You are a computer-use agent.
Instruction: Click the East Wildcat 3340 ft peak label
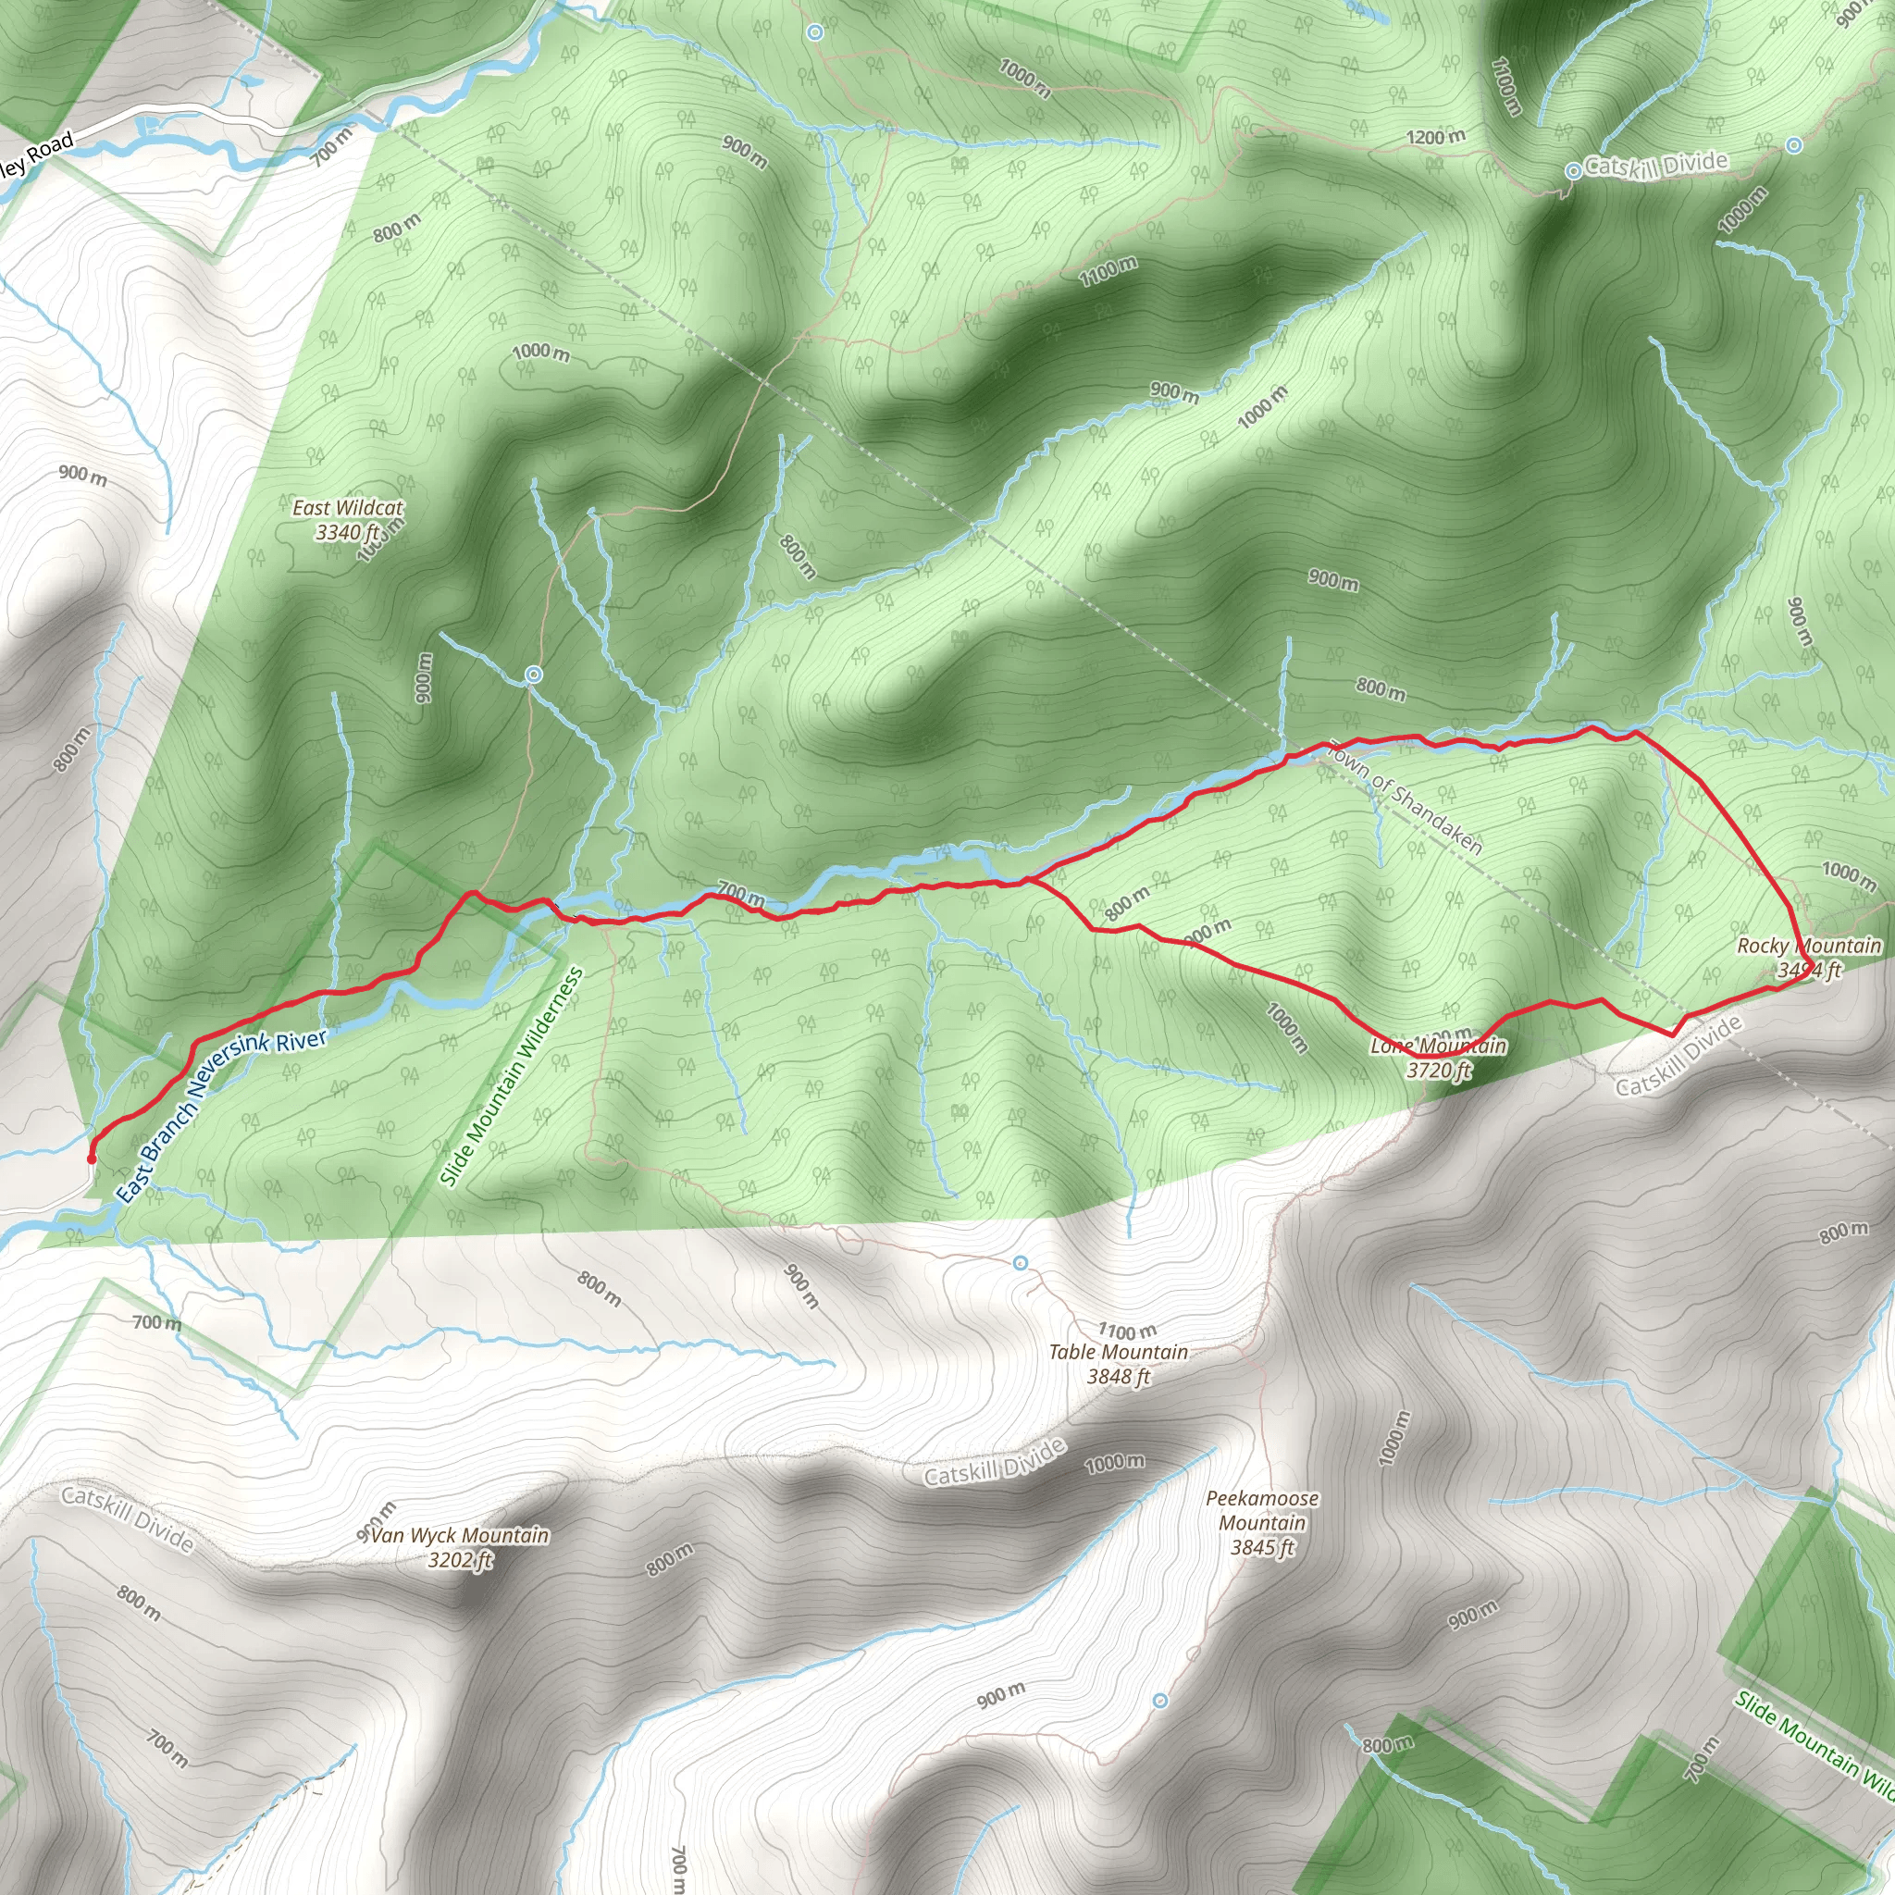pyautogui.click(x=347, y=520)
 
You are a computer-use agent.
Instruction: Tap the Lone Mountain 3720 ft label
pyautogui.click(x=1438, y=1058)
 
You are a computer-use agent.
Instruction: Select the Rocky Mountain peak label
pyautogui.click(x=1809, y=958)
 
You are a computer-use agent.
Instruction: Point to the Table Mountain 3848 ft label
pyautogui.click(x=1118, y=1363)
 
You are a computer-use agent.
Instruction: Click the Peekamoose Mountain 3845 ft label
pyautogui.click(x=1262, y=1522)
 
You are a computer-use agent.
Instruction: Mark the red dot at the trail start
pyautogui.click(x=92, y=1158)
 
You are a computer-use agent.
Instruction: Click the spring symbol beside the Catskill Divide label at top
pyautogui.click(x=1572, y=170)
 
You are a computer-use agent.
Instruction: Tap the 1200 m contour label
pyautogui.click(x=1436, y=137)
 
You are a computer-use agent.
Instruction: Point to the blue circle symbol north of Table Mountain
pyautogui.click(x=1020, y=1262)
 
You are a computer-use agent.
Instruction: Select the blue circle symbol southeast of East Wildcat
pyautogui.click(x=534, y=674)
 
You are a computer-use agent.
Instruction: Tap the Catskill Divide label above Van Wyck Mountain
pyautogui.click(x=128, y=1519)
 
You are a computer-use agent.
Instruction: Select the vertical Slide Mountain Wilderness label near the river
pyautogui.click(x=511, y=1077)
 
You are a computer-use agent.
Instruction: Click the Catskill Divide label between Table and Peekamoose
pyautogui.click(x=995, y=1464)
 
